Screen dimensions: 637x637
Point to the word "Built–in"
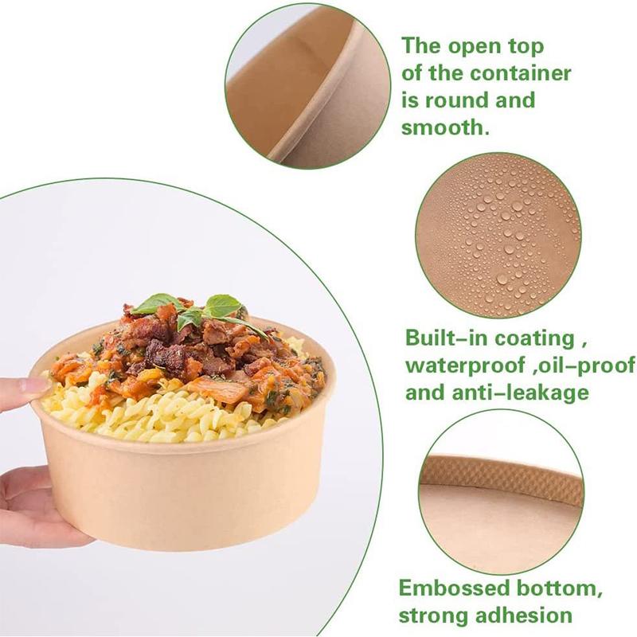click(444, 338)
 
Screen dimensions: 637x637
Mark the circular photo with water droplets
click(498, 236)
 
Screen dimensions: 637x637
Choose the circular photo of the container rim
click(307, 84)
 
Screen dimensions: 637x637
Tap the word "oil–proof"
click(554, 365)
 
